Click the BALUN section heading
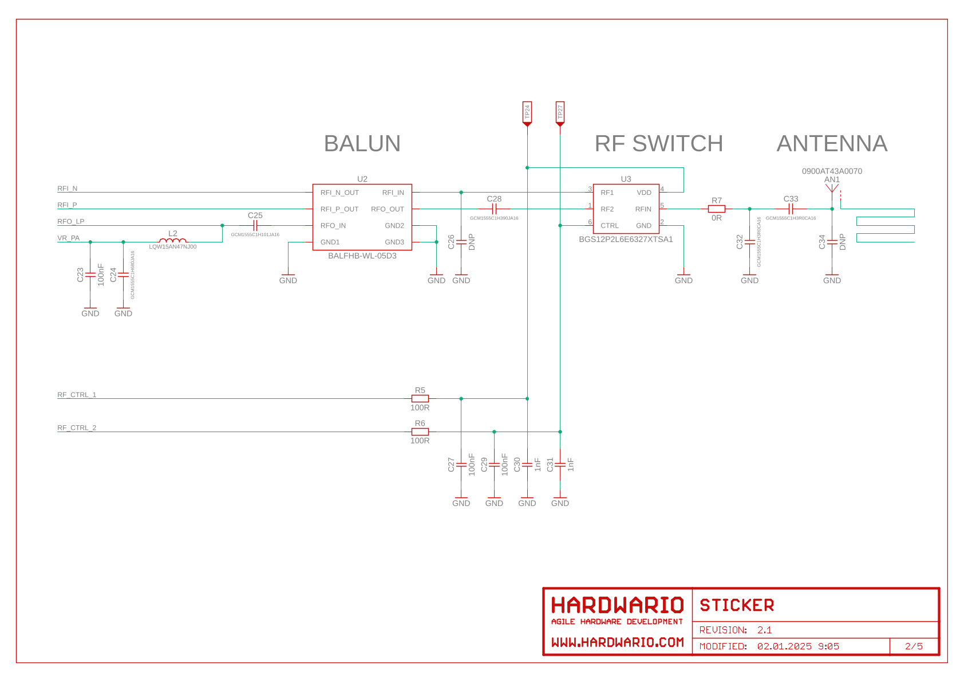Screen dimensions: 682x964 [362, 143]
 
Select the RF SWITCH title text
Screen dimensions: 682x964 [658, 143]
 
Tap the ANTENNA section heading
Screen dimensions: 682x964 [831, 143]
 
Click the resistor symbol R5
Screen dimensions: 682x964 [420, 398]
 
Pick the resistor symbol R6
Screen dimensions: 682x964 [420, 432]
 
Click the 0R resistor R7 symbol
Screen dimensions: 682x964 [716, 209]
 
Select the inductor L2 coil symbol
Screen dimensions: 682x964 [173, 241]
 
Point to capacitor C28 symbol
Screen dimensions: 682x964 [494, 209]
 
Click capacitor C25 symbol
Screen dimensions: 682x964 [255, 225]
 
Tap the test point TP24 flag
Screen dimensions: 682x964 [527, 113]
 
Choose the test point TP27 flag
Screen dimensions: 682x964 [560, 113]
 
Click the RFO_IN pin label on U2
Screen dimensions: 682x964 [333, 226]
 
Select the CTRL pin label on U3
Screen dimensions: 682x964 [609, 226]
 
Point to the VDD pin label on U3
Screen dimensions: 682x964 [643, 193]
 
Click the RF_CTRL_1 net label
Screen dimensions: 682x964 [77, 395]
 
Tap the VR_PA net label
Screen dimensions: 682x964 [69, 238]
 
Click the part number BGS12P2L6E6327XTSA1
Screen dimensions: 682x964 [626, 239]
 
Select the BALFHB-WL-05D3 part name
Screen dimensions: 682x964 [362, 256]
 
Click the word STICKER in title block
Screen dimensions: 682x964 [737, 605]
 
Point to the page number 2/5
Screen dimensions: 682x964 [914, 646]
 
